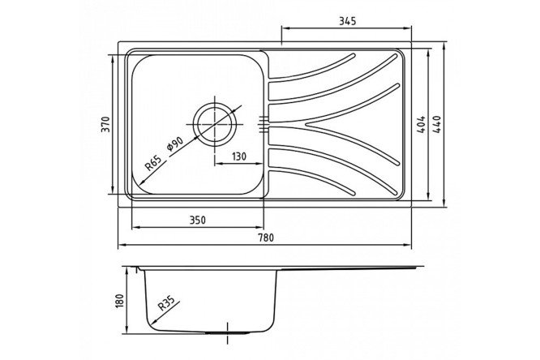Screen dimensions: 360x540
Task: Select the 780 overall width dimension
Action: coord(265,237)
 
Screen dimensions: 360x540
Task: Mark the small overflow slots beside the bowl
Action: coord(263,123)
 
